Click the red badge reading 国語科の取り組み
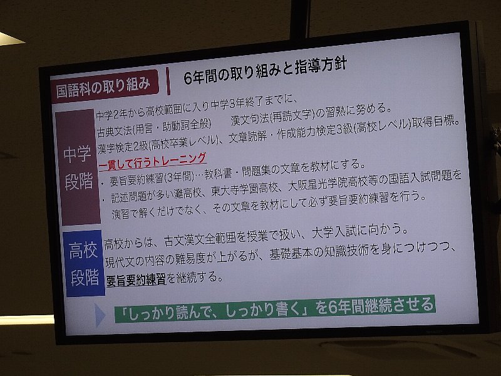coord(105,86)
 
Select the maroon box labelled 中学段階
coord(78,167)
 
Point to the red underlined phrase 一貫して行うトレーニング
coord(152,161)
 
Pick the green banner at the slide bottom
coord(275,308)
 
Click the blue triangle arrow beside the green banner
coord(100,315)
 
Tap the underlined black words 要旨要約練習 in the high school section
coord(136,279)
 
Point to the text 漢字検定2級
coord(123,147)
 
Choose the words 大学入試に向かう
coord(356,231)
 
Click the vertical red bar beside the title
coord(168,81)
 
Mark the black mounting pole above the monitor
coord(300,18)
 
